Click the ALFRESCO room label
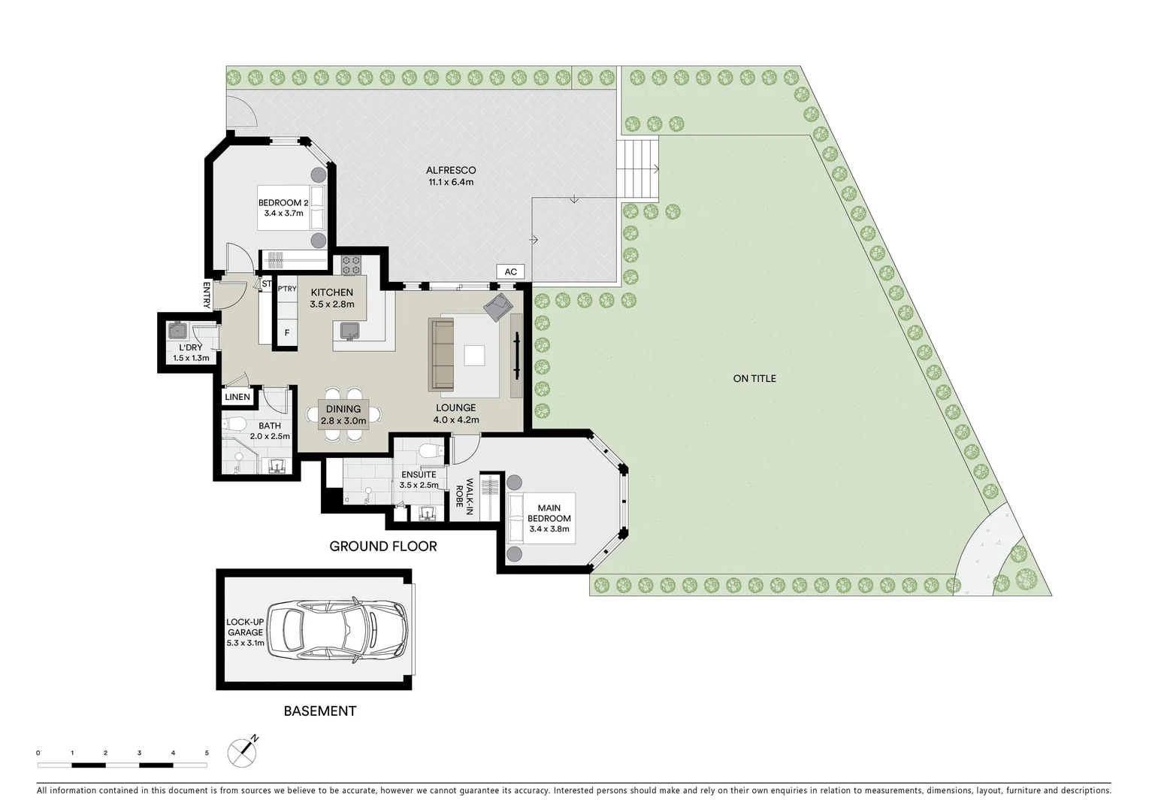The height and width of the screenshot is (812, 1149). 451,176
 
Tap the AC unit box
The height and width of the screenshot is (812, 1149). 510,272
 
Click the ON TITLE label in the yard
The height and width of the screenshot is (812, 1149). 754,378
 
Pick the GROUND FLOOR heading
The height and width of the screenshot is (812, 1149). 382,547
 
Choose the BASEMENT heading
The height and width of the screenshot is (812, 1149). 319,711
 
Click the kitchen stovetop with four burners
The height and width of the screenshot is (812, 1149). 351,264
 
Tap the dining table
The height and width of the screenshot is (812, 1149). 343,414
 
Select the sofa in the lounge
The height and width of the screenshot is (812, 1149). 442,355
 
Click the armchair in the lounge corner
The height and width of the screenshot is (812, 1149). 498,306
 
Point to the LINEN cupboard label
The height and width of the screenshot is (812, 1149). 237,397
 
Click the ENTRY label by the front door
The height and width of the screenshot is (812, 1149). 206,294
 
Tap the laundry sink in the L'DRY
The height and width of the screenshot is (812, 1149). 179,330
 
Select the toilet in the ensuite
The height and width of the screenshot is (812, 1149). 429,452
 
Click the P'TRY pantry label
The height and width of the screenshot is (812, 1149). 286,289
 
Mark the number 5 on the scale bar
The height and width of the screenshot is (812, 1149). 207,753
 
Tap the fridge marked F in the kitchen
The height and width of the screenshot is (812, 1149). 286,332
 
